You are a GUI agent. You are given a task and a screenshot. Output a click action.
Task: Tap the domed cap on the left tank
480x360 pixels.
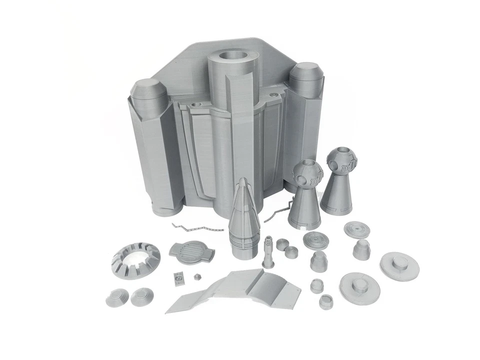147,91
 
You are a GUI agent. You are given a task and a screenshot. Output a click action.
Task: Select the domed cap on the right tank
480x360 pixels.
306,74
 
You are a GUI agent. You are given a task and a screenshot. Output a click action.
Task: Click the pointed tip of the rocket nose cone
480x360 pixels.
242,181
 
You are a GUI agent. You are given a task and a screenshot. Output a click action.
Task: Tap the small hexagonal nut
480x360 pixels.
197,276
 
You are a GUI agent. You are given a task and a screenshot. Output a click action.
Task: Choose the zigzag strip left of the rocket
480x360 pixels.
197,228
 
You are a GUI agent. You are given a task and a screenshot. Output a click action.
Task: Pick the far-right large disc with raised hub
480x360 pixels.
399,265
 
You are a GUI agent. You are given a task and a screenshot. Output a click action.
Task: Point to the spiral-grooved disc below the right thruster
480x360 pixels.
357,229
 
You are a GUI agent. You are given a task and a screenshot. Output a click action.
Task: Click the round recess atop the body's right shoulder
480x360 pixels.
273,94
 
